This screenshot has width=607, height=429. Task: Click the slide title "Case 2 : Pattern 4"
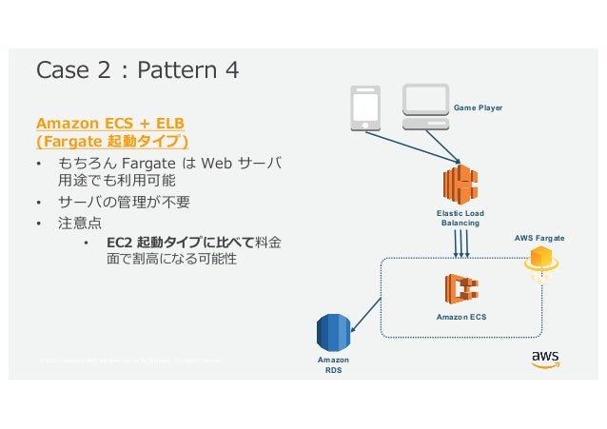click(137, 70)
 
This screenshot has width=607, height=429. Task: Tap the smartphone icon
click(365, 108)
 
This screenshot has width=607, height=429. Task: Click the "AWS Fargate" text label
click(539, 235)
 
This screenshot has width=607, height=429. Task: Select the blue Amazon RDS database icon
click(333, 331)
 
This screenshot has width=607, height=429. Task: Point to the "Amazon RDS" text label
click(333, 366)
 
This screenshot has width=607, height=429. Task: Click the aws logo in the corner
click(544, 360)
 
